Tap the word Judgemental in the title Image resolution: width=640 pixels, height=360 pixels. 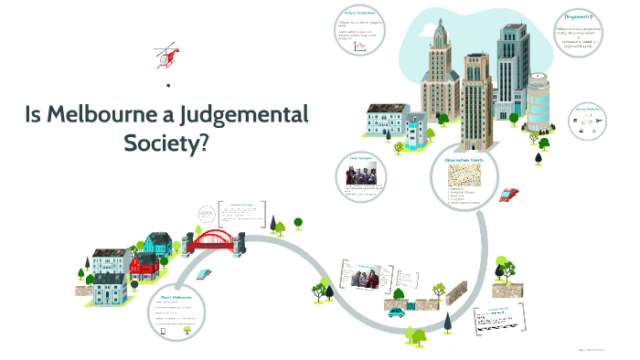[243, 116]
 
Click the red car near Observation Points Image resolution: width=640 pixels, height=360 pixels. [509, 194]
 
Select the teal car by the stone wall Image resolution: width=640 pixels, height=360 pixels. [396, 312]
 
